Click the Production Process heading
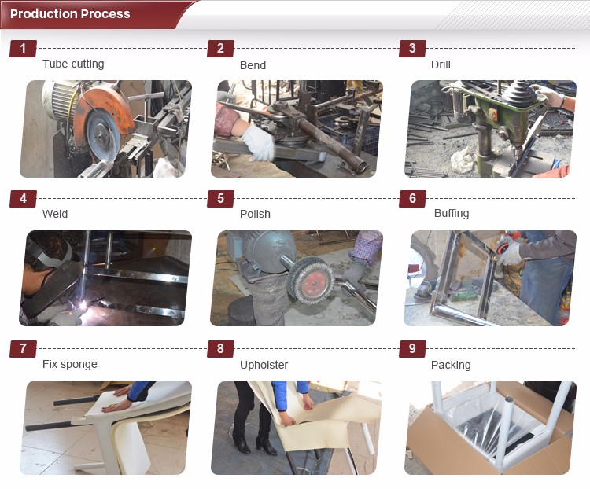(70, 14)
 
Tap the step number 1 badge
(23, 49)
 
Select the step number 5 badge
(220, 199)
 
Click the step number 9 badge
(412, 349)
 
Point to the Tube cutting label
(73, 64)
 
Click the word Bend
(253, 65)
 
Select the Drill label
(441, 64)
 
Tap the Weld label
(55, 214)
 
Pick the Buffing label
(452, 214)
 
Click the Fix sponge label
(69, 364)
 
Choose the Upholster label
(264, 365)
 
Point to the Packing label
(451, 365)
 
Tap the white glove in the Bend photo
(259, 142)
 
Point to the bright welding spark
(83, 305)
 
